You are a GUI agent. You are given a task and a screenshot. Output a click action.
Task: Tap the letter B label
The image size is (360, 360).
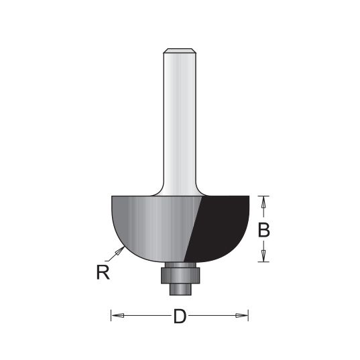[264, 231]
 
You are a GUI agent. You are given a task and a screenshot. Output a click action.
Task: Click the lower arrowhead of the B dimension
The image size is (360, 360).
[264, 256]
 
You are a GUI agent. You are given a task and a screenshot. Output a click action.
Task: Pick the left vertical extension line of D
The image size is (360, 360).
[111, 315]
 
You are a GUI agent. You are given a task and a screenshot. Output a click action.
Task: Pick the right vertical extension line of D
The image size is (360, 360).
[249, 315]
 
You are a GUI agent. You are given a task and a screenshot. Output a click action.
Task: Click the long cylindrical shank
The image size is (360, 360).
[180, 121]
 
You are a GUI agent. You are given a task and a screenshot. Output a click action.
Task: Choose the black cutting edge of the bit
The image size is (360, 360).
[221, 225]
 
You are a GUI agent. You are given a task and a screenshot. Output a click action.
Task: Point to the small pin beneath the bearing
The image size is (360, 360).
[179, 286]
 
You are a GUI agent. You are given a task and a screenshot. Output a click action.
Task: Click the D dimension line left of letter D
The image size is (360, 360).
[144, 315]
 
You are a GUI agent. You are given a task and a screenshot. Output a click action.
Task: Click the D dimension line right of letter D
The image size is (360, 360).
[215, 315]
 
